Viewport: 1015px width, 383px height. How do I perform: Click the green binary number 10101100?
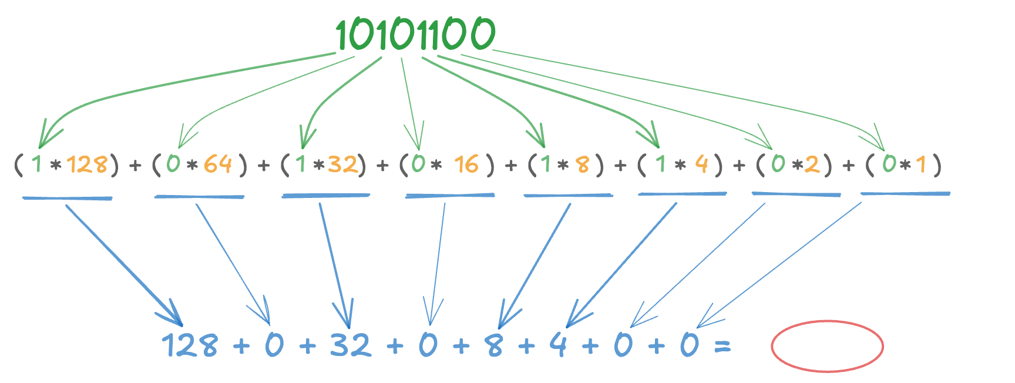point(415,34)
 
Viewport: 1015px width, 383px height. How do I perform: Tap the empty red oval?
point(826,346)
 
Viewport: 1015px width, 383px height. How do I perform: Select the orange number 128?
point(87,164)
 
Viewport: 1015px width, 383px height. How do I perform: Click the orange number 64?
point(217,164)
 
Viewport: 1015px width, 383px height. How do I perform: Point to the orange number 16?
point(466,164)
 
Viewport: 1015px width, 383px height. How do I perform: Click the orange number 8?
point(582,164)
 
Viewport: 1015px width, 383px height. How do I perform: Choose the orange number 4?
point(701,164)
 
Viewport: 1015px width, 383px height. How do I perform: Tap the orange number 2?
point(812,164)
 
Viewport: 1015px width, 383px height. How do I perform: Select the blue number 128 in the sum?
point(189,345)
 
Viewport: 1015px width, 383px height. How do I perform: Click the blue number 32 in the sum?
point(350,345)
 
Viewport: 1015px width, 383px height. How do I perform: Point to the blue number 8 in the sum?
point(495,345)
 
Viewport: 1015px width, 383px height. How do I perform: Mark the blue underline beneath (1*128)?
point(67,198)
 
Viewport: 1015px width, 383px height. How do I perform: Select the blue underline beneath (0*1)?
point(905,193)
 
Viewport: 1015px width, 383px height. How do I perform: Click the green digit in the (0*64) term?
point(173,164)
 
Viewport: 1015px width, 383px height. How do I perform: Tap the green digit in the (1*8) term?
point(546,164)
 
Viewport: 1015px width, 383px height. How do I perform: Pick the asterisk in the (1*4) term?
point(680,165)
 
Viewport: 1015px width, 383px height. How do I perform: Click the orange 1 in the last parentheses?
point(920,164)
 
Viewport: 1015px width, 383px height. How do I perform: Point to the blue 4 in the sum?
point(558,345)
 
